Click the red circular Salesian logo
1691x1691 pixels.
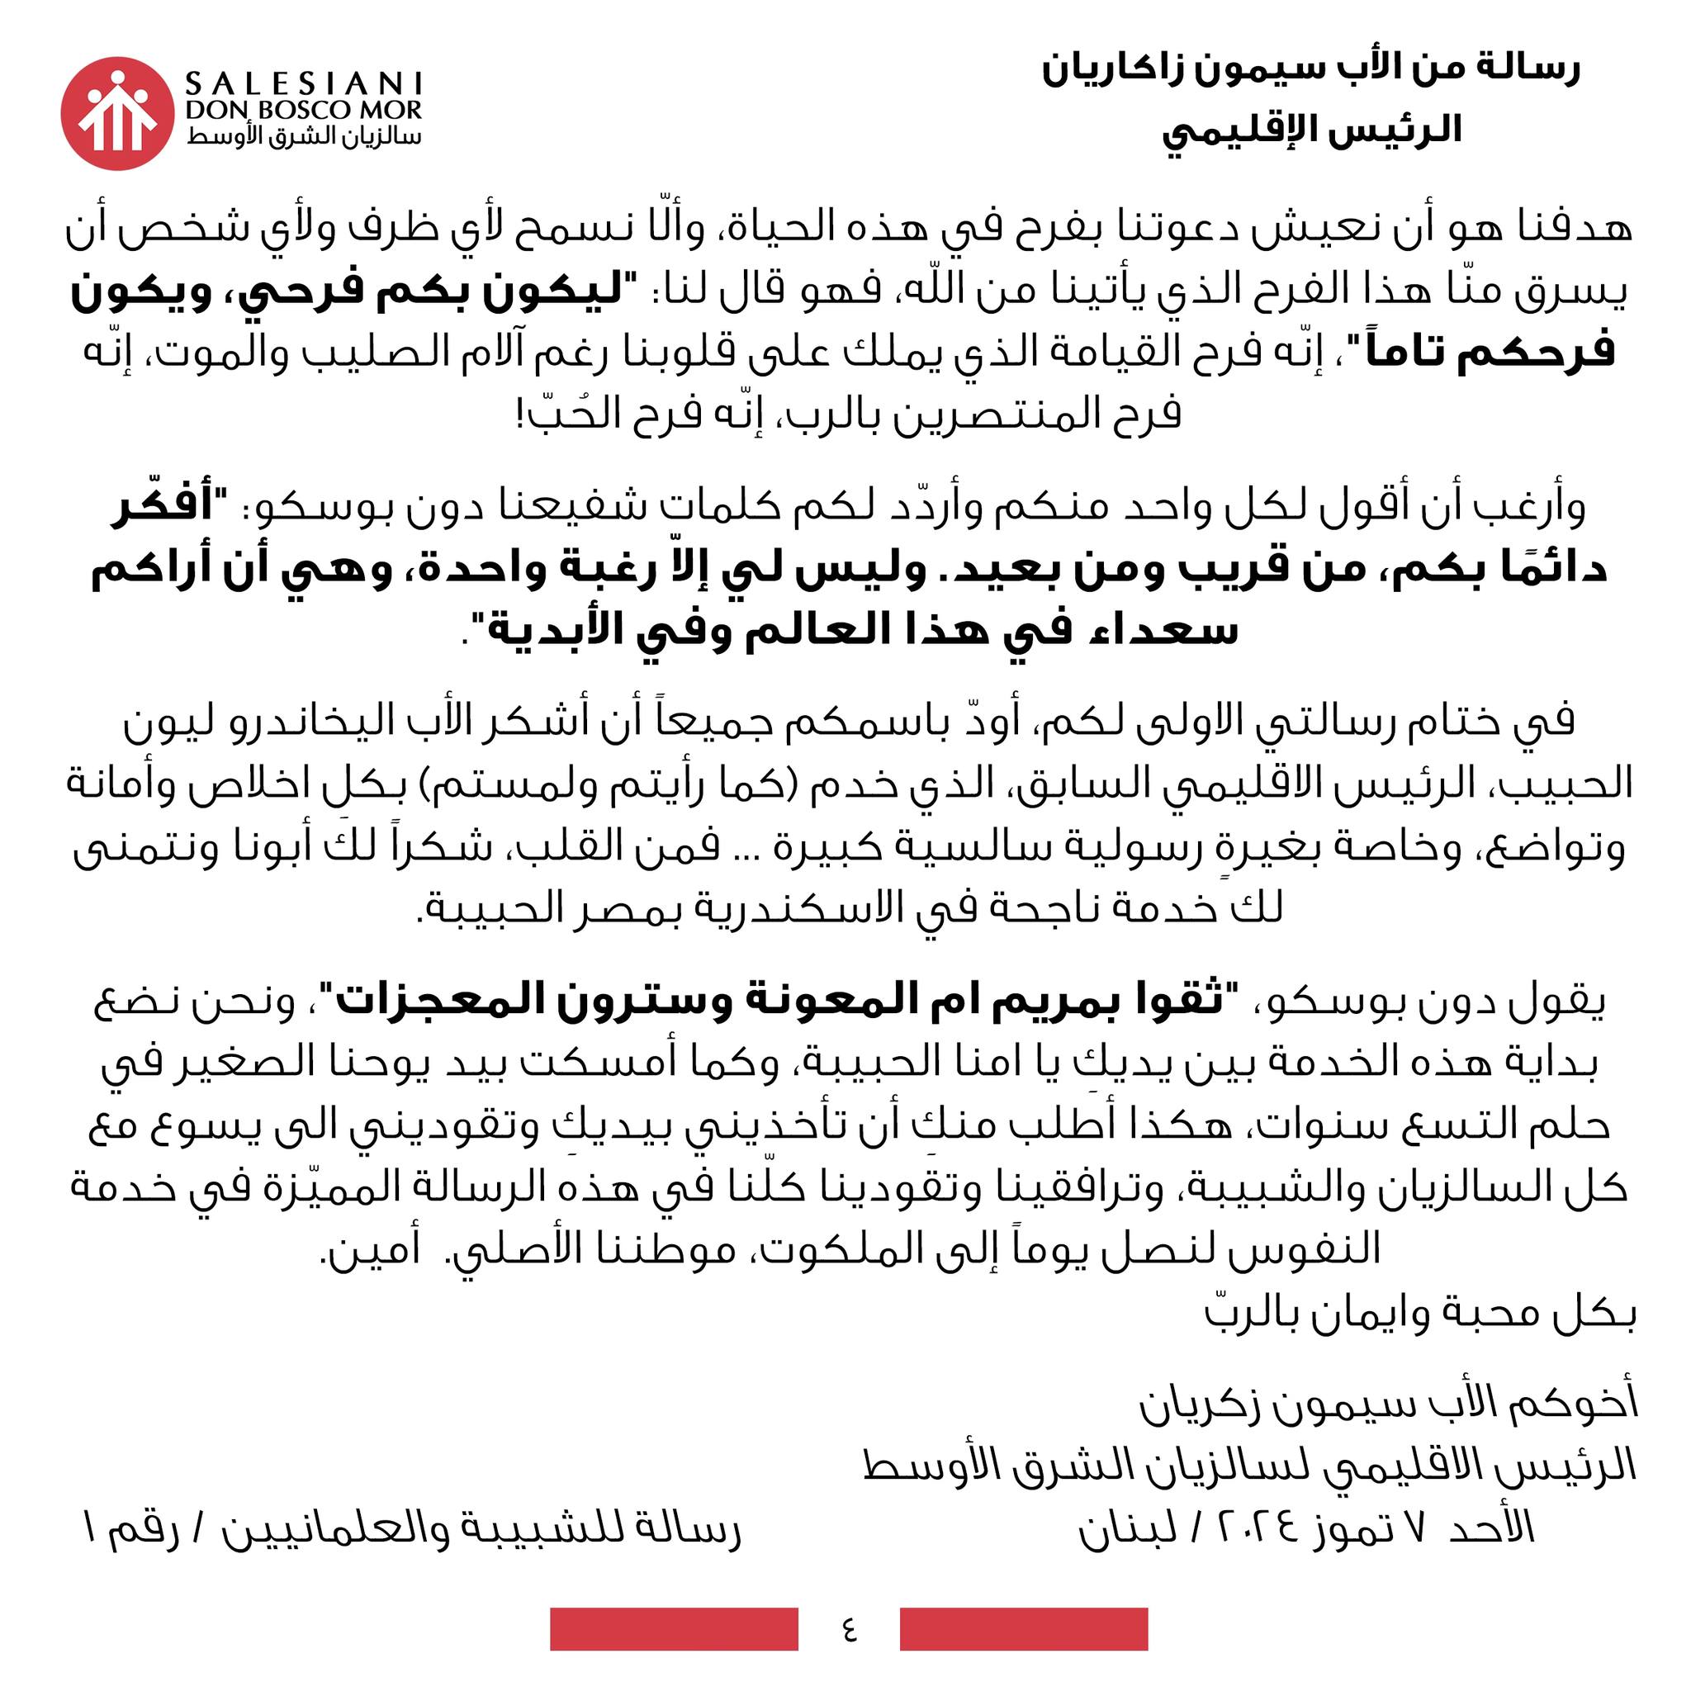click(116, 114)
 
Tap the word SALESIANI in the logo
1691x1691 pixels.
click(304, 84)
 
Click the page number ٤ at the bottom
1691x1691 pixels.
click(849, 1629)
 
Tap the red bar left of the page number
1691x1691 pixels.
click(674, 1629)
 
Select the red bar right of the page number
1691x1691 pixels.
click(1023, 1629)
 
